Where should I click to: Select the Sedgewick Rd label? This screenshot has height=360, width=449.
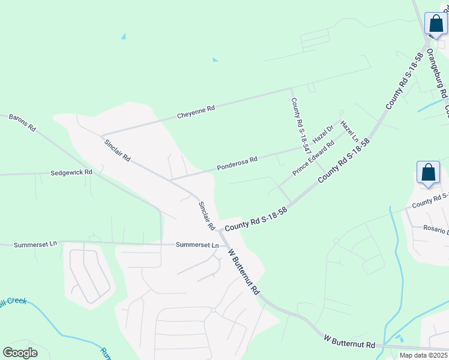pyautogui.click(x=71, y=172)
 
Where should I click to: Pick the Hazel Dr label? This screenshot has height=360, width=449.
pyautogui.click(x=323, y=134)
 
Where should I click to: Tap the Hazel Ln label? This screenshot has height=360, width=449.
pyautogui.click(x=349, y=131)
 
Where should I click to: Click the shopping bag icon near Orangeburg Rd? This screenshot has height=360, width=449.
pyautogui.click(x=436, y=24)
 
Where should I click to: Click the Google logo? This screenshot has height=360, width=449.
pyautogui.click(x=20, y=353)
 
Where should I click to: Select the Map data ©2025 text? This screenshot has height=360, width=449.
pyautogui.click(x=423, y=355)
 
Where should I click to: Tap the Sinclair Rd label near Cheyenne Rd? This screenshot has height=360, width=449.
pyautogui.click(x=117, y=150)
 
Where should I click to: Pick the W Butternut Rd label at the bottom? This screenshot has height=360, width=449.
pyautogui.click(x=349, y=343)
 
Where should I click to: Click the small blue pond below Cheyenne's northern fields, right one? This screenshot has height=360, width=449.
pyautogui.click(x=215, y=59)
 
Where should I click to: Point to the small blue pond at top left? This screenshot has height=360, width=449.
pyautogui.click(x=124, y=37)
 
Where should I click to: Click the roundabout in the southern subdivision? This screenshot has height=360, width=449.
pyautogui.click(x=212, y=310)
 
